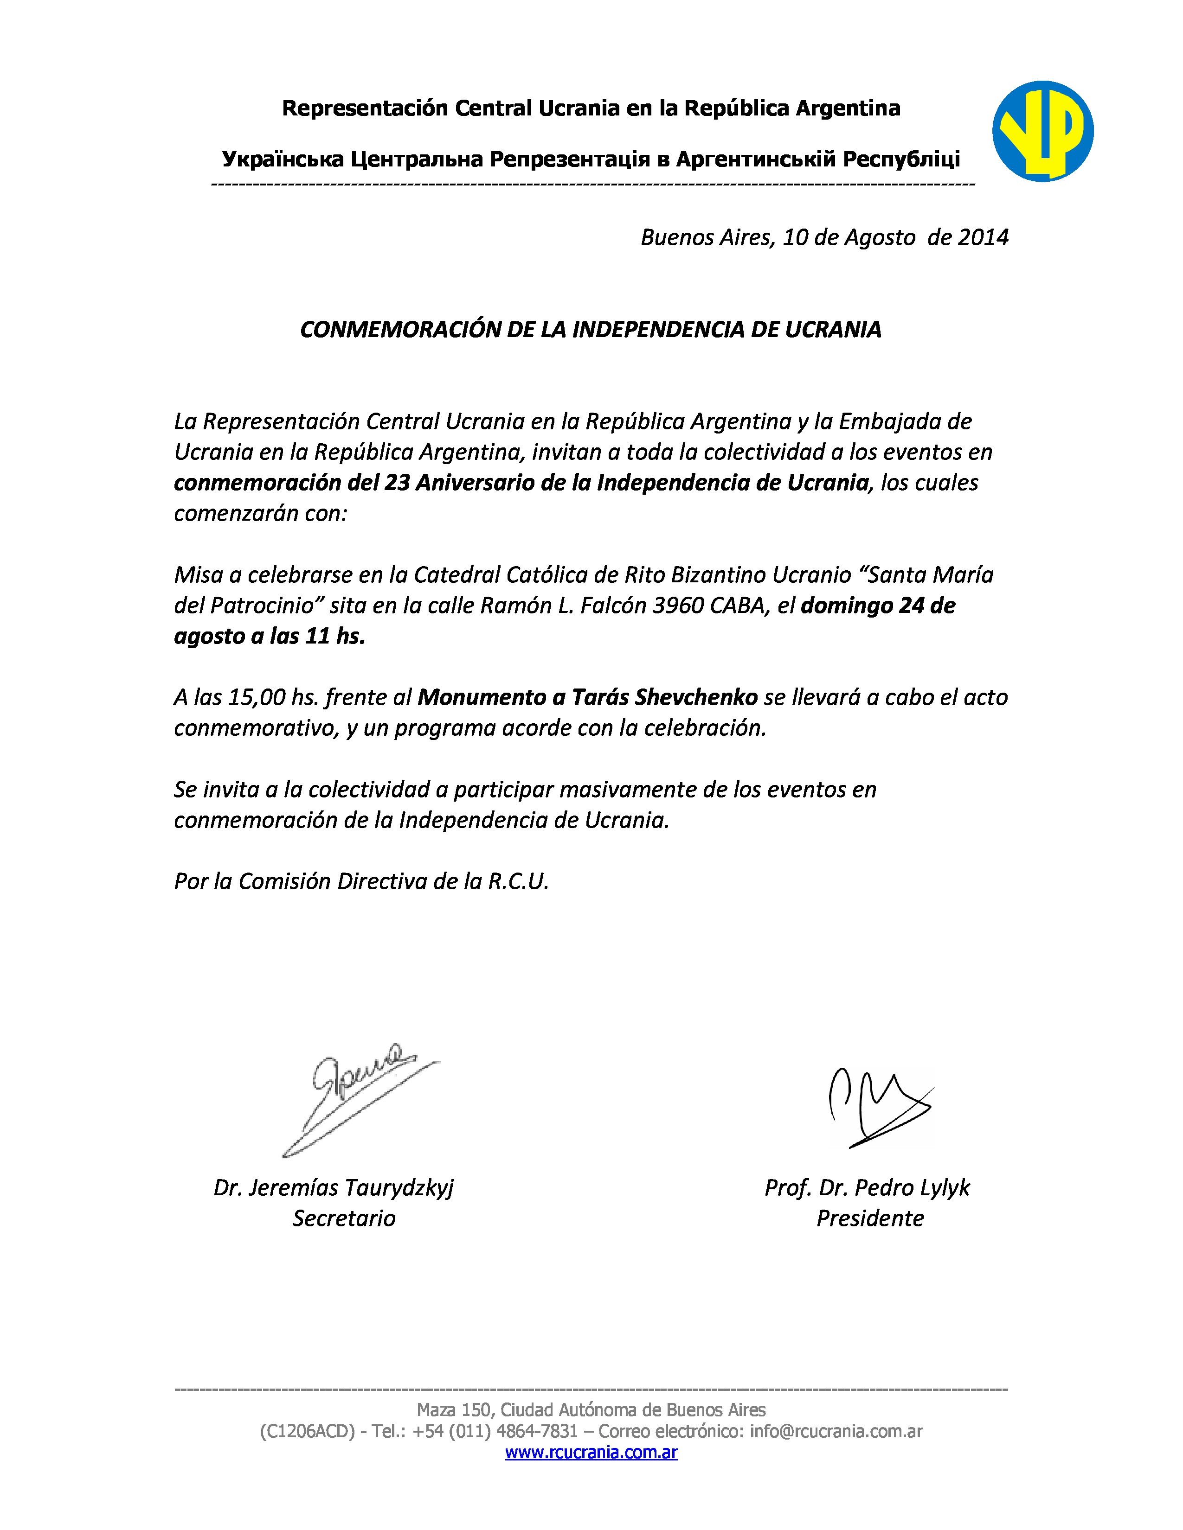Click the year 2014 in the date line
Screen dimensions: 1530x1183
coord(983,237)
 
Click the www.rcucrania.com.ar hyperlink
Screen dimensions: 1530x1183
coord(591,1452)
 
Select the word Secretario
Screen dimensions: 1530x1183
coord(343,1218)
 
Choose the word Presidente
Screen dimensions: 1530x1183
coord(870,1218)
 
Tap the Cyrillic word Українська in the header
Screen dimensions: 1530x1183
coord(283,160)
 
